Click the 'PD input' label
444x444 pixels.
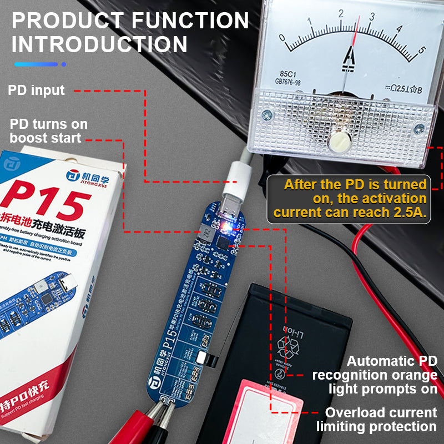(x=36, y=90)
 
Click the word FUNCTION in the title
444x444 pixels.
(x=190, y=21)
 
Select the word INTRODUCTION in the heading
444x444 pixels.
(x=99, y=44)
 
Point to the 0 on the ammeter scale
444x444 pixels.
(x=282, y=38)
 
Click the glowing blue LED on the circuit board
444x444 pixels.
(x=226, y=226)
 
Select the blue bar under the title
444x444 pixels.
(x=37, y=64)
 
